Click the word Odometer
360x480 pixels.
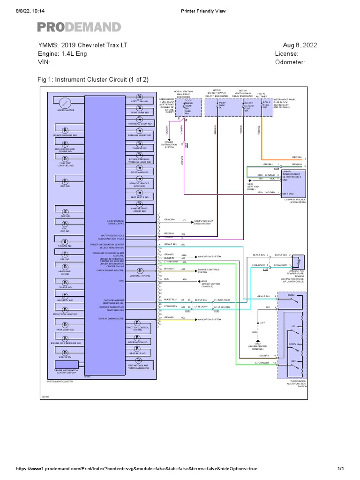pos(290,62)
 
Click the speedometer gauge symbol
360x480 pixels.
pos(66,102)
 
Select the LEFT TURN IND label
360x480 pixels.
pos(140,101)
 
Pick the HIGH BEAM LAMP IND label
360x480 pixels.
pos(140,124)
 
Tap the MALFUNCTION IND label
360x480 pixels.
pos(140,276)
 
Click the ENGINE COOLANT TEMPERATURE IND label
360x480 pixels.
pos(139,367)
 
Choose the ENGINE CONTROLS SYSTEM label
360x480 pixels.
pos(208,270)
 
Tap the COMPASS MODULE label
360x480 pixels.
pos(295,200)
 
